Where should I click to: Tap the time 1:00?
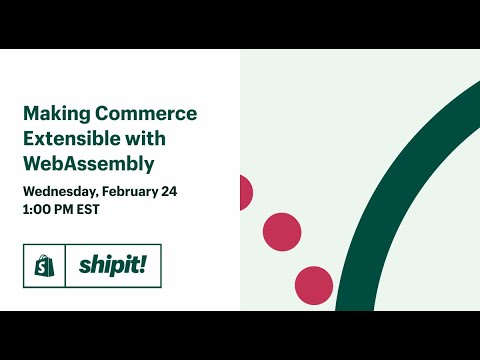pyautogui.click(x=37, y=209)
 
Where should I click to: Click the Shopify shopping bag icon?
pyautogui.click(x=44, y=266)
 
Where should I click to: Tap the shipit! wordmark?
pyautogui.click(x=112, y=266)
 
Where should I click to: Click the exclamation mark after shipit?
pyautogui.click(x=143, y=264)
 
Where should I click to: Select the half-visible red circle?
pyautogui.click(x=245, y=192)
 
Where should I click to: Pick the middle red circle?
pyautogui.click(x=282, y=232)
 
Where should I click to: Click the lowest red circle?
pyautogui.click(x=314, y=285)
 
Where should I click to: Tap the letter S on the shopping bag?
pyautogui.click(x=44, y=268)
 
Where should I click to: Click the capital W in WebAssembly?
pyautogui.click(x=33, y=161)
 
